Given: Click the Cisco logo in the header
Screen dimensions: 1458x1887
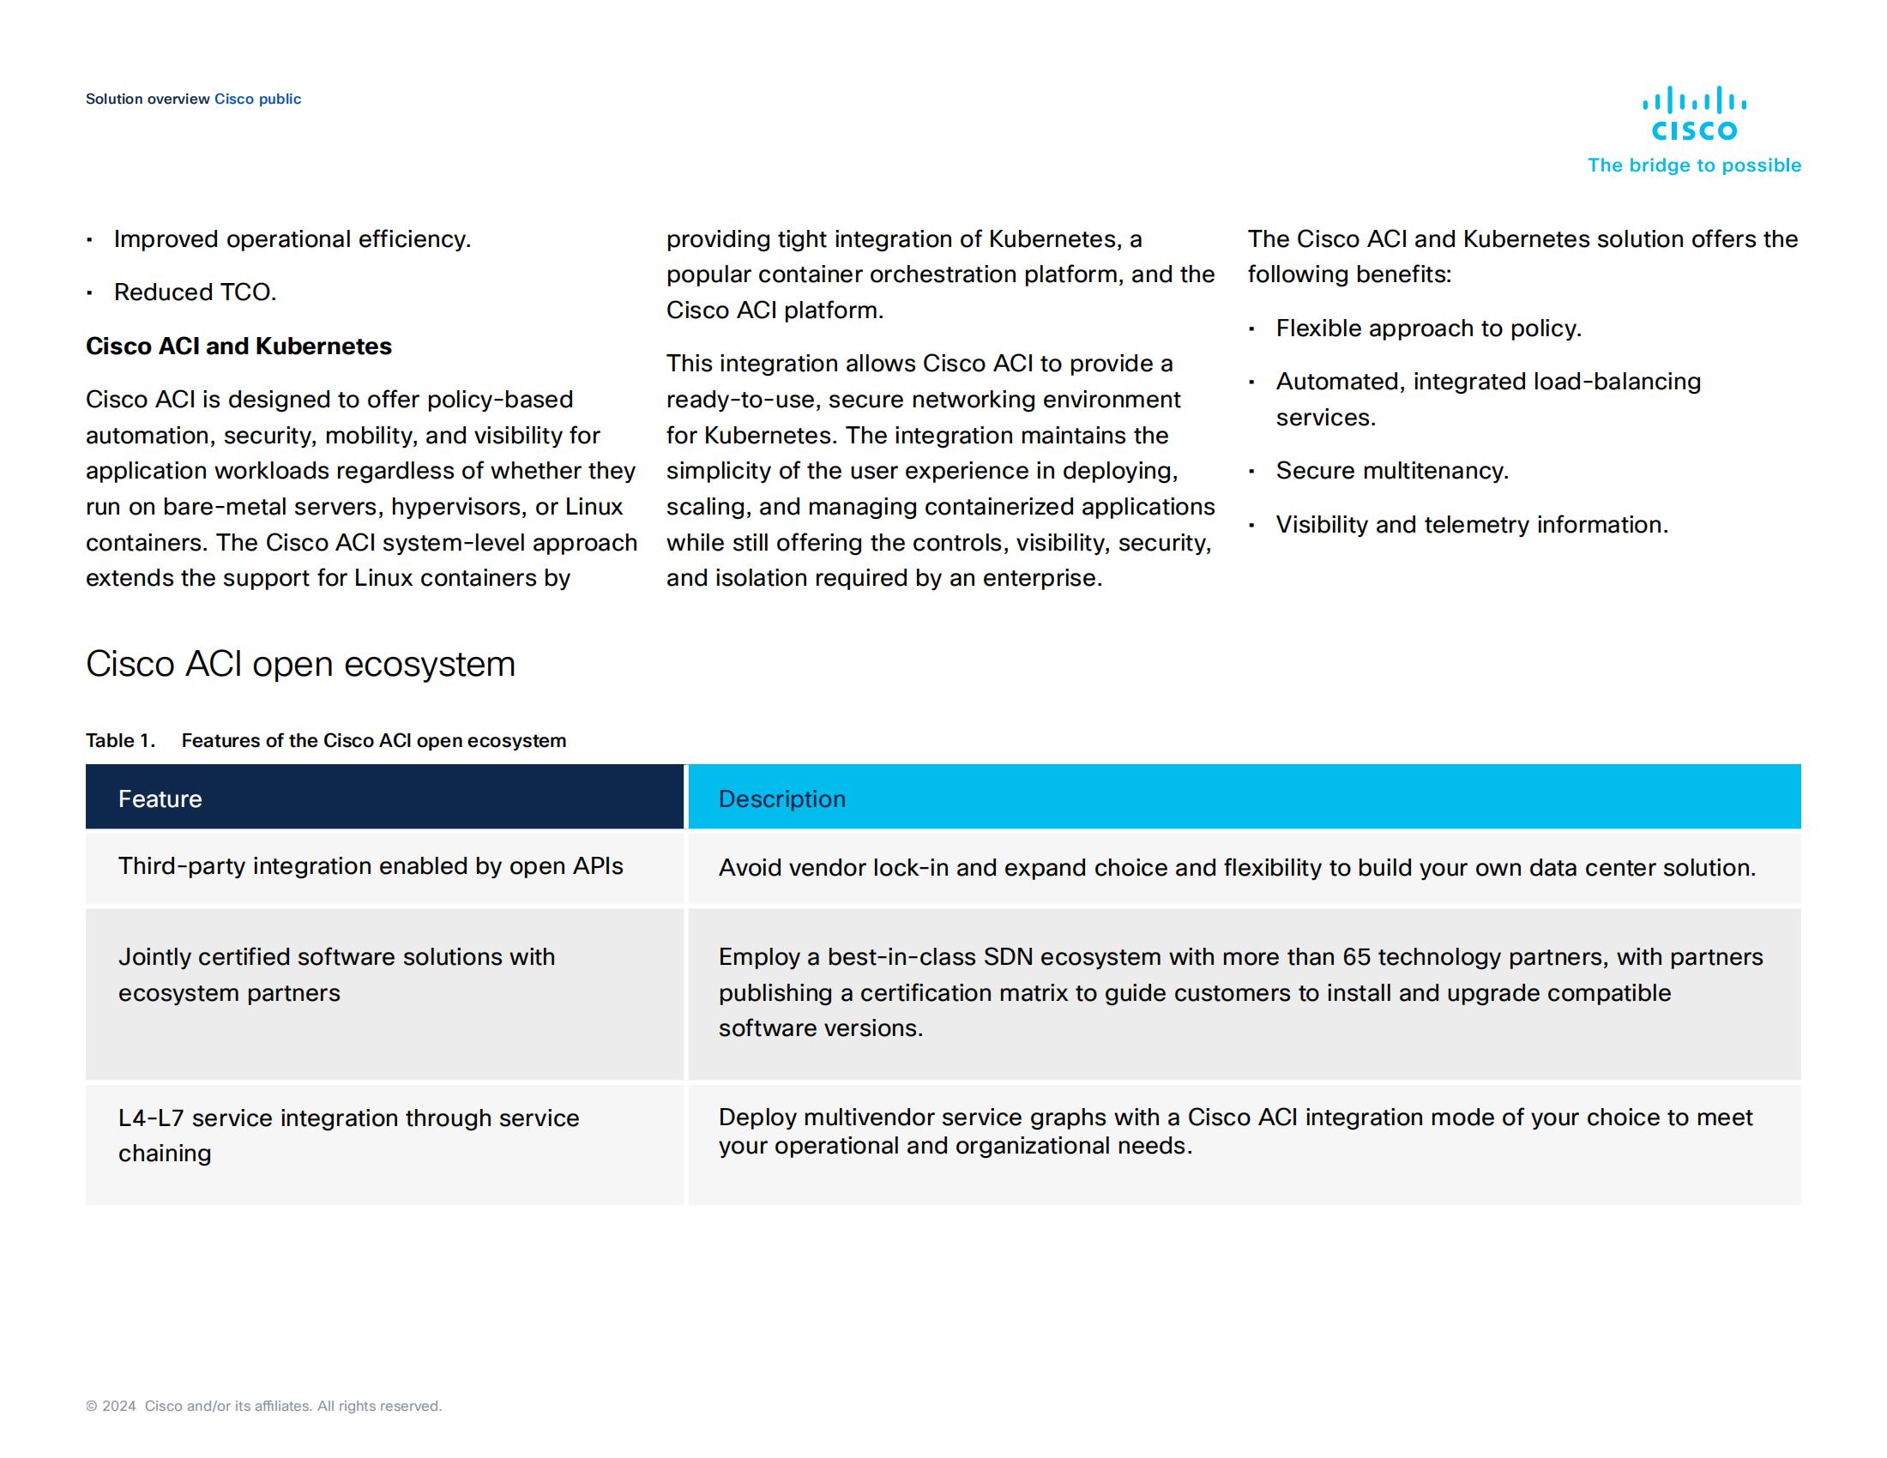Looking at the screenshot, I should pyautogui.click(x=1693, y=113).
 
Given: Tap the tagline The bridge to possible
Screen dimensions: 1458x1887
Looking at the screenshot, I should pyautogui.click(x=1693, y=165).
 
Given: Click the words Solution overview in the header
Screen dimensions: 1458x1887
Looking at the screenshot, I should pyautogui.click(x=148, y=99).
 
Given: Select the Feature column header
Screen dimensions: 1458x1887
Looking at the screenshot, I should pyautogui.click(x=160, y=798).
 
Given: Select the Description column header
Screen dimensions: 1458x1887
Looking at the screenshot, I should pyautogui.click(x=782, y=798).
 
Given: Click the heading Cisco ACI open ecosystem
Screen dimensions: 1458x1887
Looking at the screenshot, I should pyautogui.click(x=300, y=663).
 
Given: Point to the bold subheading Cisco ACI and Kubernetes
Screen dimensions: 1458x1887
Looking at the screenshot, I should pyautogui.click(x=238, y=346).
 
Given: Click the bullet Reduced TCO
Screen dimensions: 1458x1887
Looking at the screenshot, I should pyautogui.click(x=196, y=292).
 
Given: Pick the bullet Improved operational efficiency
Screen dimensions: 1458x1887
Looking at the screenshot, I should pyautogui.click(x=292, y=238).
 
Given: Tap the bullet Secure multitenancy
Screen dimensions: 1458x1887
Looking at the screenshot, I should pyautogui.click(x=1392, y=470).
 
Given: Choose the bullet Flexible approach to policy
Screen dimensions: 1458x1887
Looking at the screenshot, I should pyautogui.click(x=1428, y=328).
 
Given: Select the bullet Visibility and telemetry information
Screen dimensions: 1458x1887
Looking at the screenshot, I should pyautogui.click(x=1471, y=524).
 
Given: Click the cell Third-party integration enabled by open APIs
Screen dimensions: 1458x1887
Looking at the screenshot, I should pyautogui.click(x=371, y=865).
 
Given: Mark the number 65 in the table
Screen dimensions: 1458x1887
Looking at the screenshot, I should pyautogui.click(x=1357, y=956).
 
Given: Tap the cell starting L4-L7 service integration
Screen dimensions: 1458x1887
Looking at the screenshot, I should pyautogui.click(x=348, y=1135).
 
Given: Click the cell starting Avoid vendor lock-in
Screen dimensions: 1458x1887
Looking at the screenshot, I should pyautogui.click(x=1236, y=867).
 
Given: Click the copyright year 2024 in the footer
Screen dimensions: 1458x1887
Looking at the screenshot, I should pyautogui.click(x=119, y=1406).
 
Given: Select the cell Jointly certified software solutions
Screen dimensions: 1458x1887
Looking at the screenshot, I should pyautogui.click(x=336, y=974).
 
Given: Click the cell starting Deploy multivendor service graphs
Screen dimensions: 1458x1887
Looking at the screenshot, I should pyautogui.click(x=1234, y=1130).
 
